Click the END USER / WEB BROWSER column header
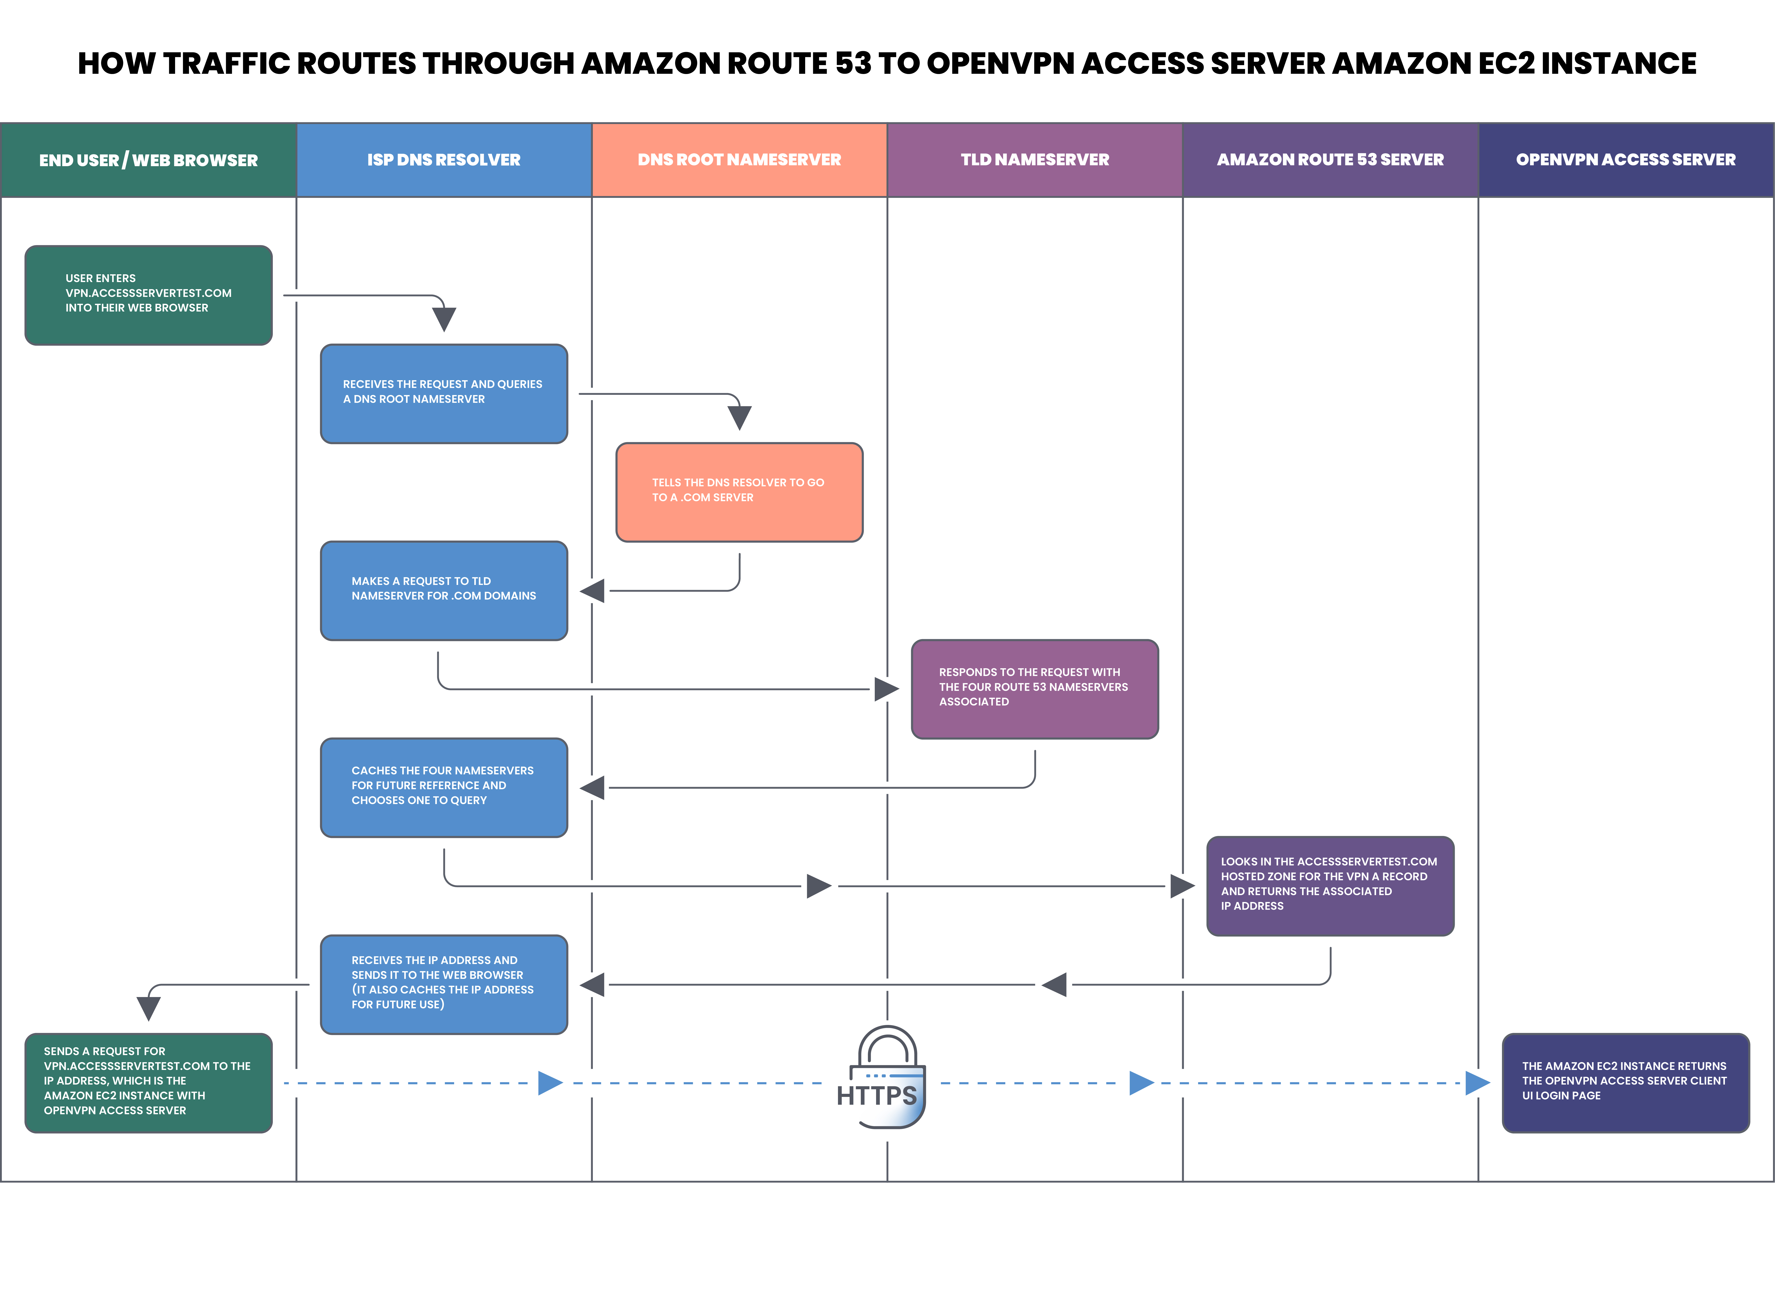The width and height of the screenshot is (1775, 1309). click(149, 160)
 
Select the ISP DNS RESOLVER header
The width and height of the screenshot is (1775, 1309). click(444, 160)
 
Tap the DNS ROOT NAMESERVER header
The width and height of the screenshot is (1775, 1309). click(739, 160)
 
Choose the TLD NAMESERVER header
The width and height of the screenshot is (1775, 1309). click(1035, 160)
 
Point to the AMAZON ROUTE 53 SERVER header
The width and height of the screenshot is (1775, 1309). click(1330, 160)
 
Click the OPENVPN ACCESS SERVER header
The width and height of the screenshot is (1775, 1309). click(1626, 160)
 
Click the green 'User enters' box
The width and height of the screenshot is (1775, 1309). click(149, 295)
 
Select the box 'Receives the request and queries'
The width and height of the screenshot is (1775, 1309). click(444, 394)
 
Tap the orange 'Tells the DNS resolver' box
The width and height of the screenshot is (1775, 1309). click(739, 492)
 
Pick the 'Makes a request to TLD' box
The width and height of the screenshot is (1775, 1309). click(444, 590)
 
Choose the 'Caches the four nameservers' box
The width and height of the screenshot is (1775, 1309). click(444, 788)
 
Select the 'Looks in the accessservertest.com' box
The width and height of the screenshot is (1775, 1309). click(1330, 886)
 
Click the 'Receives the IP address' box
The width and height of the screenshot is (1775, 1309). click(444, 984)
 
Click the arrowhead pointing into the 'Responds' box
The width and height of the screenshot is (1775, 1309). click(887, 689)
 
